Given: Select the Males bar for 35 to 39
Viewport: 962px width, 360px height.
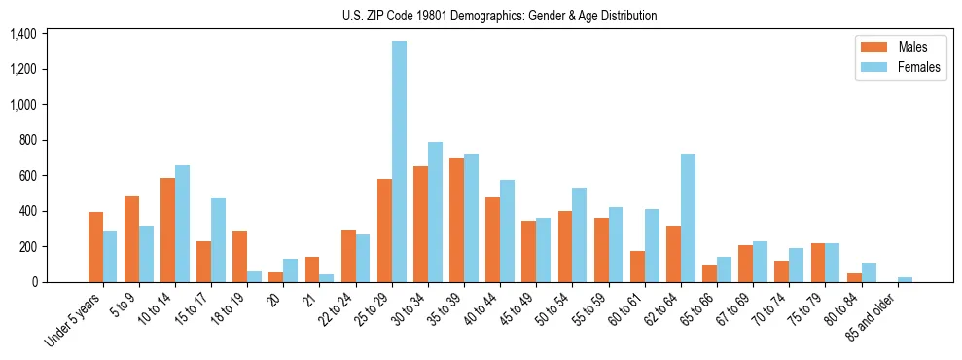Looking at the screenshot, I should click(456, 220).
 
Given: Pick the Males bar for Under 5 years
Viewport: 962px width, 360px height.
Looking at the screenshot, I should click(95, 247).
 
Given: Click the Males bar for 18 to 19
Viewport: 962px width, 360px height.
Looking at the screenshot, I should click(239, 257).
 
